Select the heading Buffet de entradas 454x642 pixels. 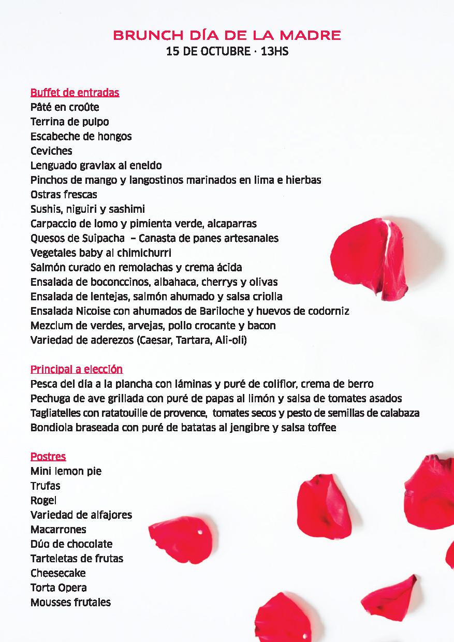(x=75, y=93)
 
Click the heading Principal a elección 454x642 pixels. (x=77, y=369)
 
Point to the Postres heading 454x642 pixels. (x=48, y=457)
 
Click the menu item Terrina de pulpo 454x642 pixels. (x=69, y=122)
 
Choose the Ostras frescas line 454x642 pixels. (x=64, y=195)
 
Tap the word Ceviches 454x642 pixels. (x=51, y=151)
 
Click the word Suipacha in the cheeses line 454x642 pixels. (x=103, y=238)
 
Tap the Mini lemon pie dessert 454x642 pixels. (x=66, y=471)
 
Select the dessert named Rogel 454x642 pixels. (x=43, y=501)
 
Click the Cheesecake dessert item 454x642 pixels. (x=58, y=573)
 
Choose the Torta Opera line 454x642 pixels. (x=58, y=588)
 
